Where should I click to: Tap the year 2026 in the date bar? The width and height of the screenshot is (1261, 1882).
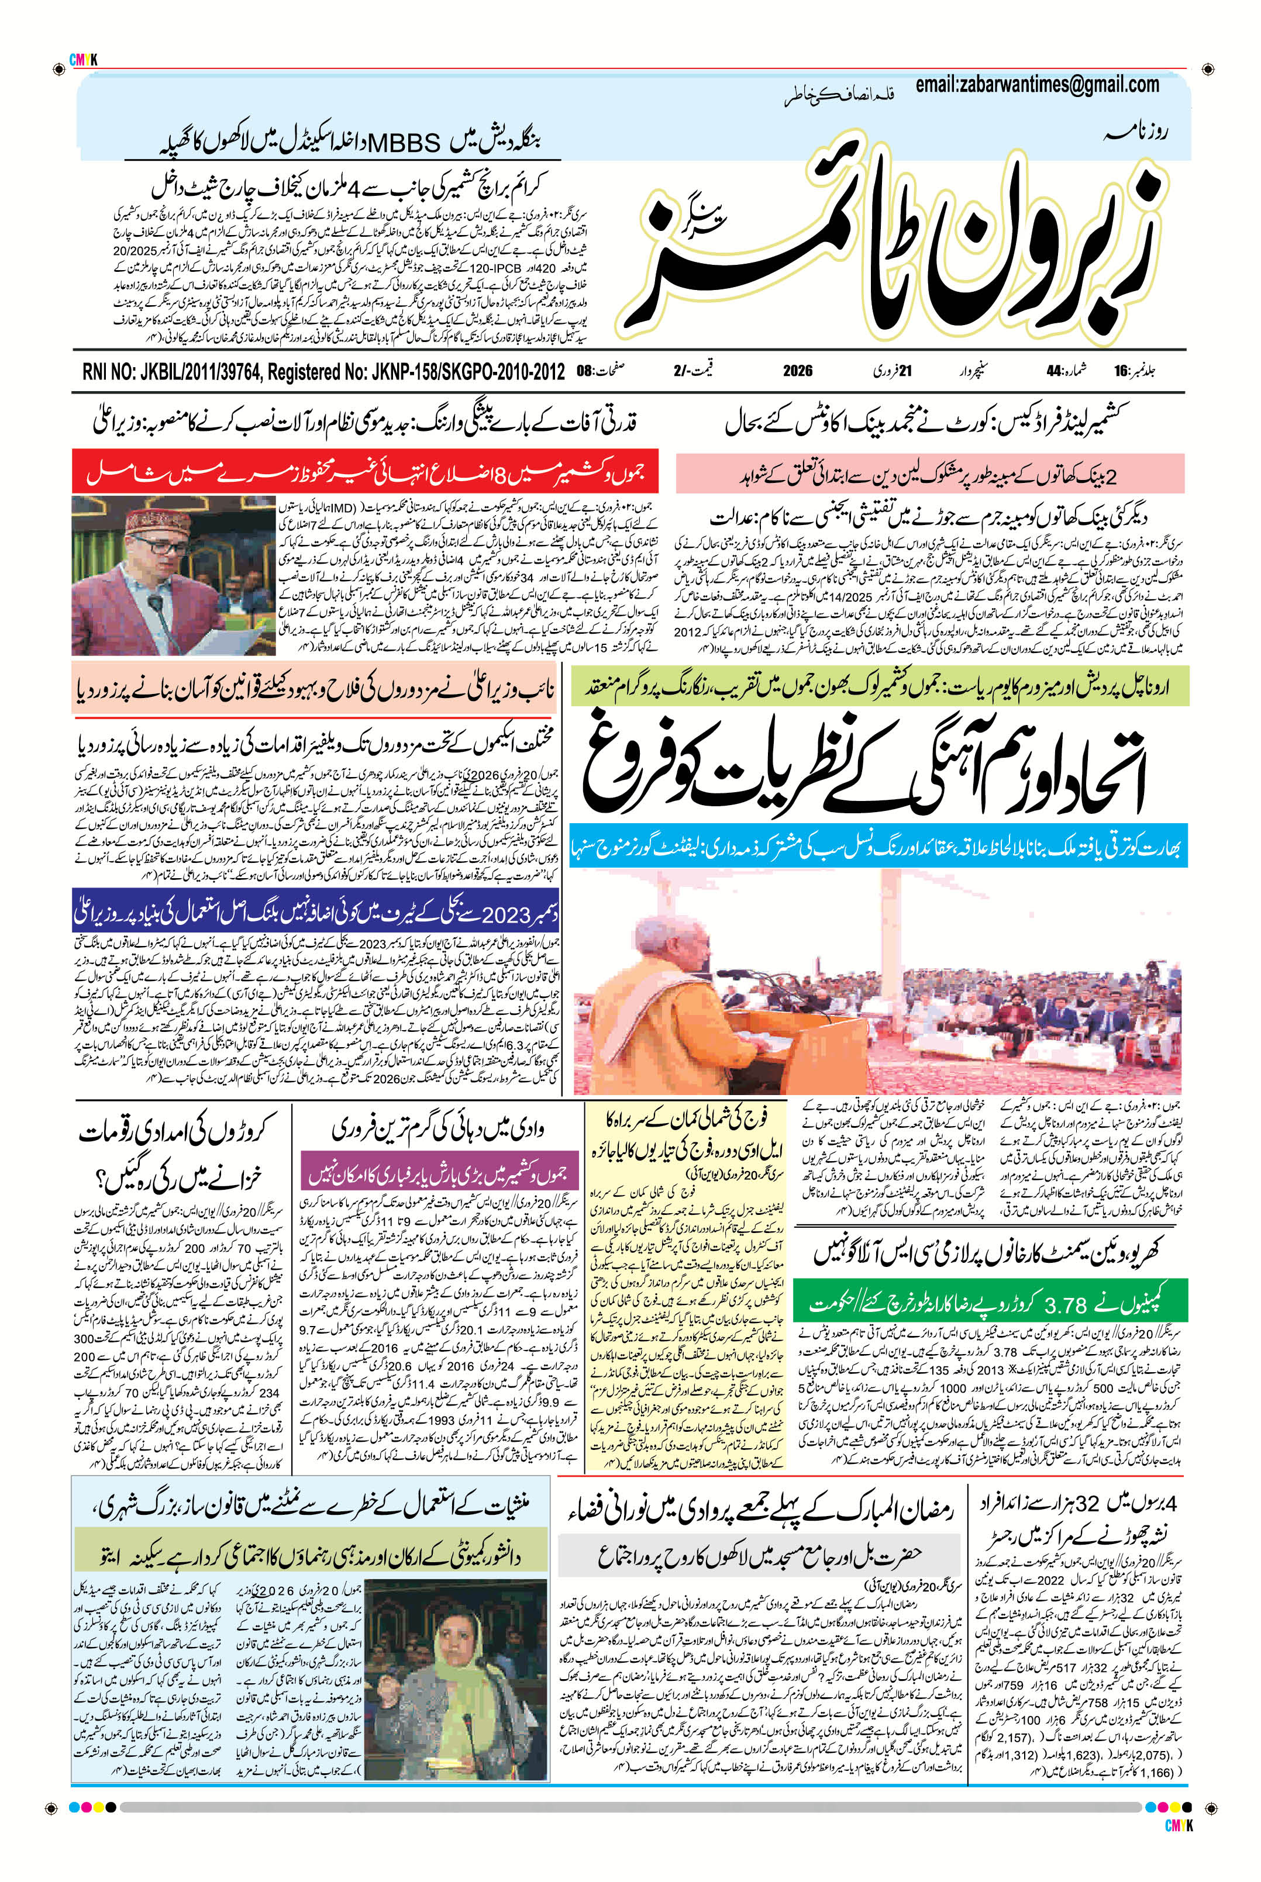[798, 371]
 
